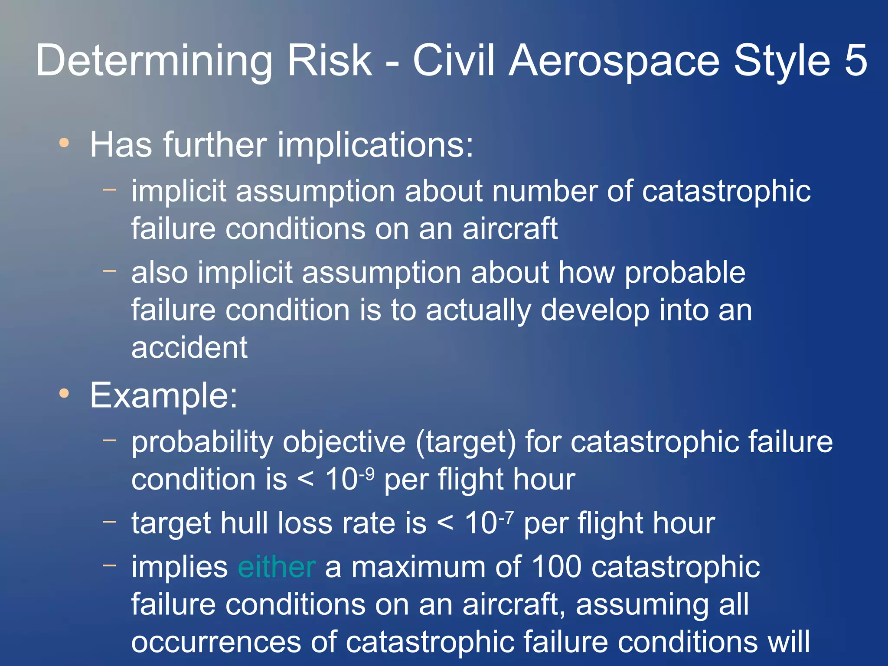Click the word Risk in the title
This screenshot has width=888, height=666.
(330, 61)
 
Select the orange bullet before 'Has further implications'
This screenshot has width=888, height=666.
(64, 143)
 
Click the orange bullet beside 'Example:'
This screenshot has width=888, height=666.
(64, 393)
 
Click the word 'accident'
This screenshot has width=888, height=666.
(189, 347)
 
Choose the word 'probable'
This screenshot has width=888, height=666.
(685, 273)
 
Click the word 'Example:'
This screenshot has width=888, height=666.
(164, 395)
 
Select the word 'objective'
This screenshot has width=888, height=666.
(344, 442)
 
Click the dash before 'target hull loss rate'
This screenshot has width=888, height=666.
(110, 521)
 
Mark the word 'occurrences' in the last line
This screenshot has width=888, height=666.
(216, 642)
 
